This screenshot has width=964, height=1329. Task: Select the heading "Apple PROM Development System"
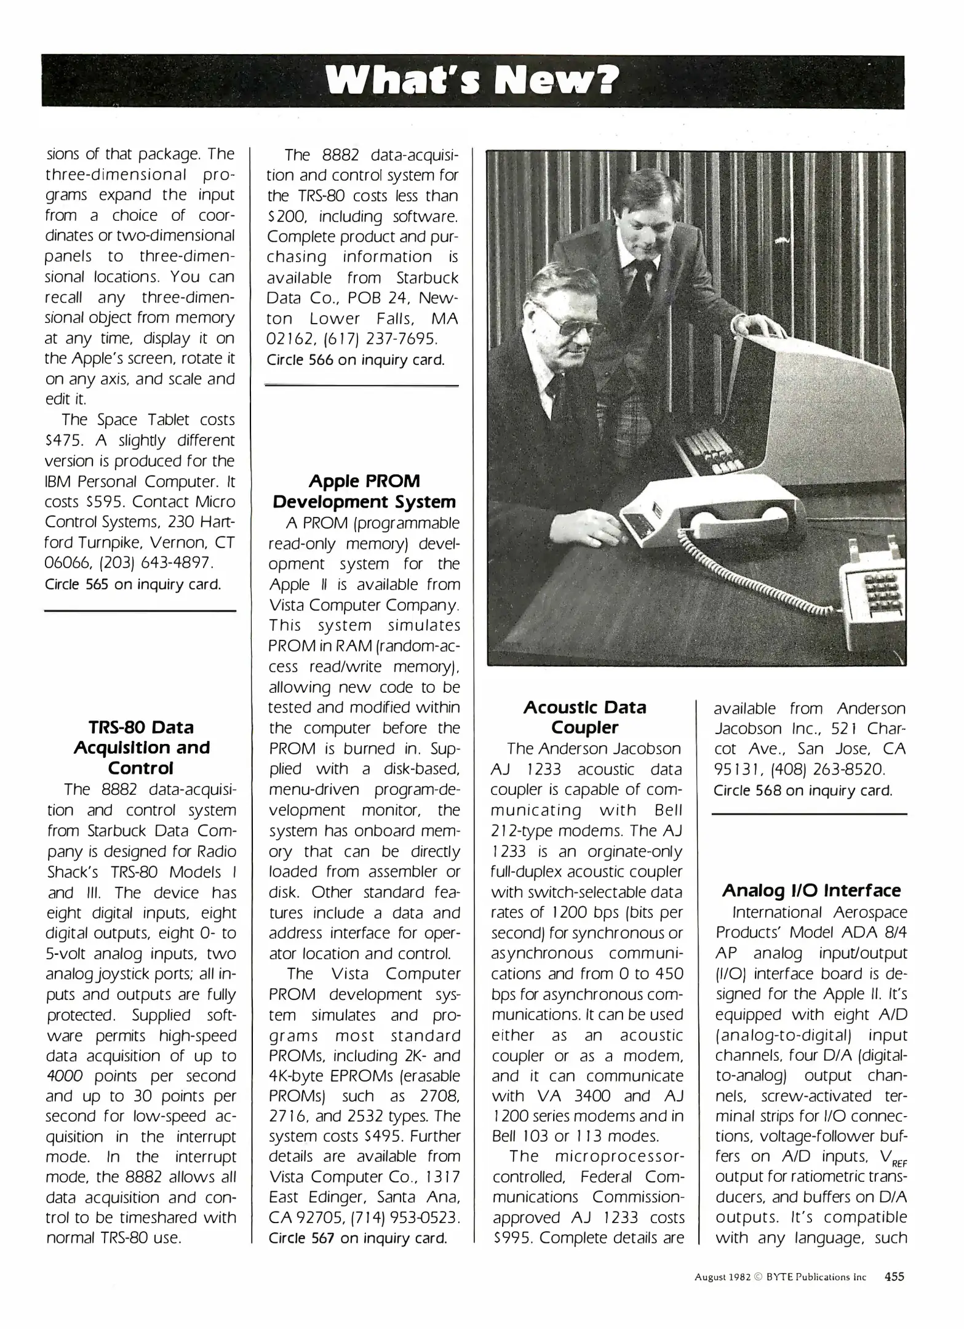coord(364,492)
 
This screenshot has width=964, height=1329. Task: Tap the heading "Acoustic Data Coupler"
coord(584,717)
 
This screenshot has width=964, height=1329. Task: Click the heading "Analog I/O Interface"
coord(811,890)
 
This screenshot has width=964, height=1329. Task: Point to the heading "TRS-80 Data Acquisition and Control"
coord(141,748)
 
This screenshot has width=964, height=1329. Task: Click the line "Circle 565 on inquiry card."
coord(133,584)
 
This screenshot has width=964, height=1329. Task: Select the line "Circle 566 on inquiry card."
coord(356,360)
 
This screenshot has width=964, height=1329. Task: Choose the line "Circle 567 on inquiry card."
coord(357,1238)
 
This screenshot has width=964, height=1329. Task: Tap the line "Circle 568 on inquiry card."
coord(803,790)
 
